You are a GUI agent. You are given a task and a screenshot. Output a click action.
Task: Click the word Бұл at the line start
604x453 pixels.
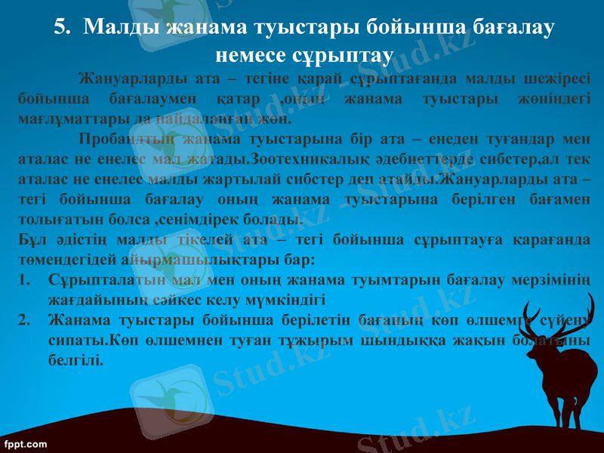pyautogui.click(x=29, y=241)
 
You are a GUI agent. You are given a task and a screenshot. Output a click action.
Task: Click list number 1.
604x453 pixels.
pyautogui.click(x=23, y=280)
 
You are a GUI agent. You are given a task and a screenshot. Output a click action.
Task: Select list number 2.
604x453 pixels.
pyautogui.click(x=23, y=319)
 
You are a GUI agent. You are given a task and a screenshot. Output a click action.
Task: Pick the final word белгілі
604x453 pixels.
pyautogui.click(x=75, y=359)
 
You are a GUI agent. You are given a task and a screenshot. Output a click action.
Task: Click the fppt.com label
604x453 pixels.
pyautogui.click(x=26, y=443)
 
